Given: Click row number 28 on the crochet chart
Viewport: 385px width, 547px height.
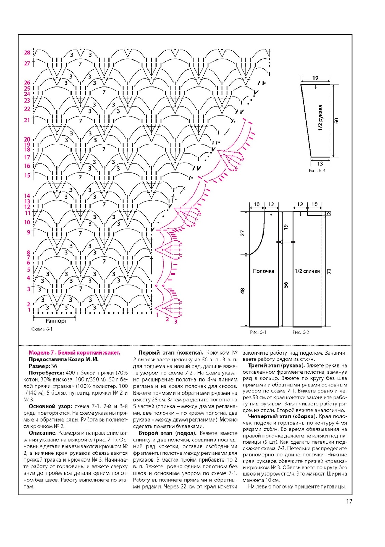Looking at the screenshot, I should pos(27,53).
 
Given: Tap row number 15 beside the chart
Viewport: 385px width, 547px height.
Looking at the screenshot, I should pos(27,175).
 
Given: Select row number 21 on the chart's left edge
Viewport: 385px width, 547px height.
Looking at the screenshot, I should pos(27,120).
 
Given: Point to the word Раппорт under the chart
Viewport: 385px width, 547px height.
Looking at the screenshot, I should pos(56,321).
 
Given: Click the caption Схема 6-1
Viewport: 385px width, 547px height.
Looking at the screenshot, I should pos(42,329).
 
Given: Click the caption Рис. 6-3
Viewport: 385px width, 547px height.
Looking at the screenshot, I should pos(317,171).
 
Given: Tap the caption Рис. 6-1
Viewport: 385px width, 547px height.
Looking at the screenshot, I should pos(258,332).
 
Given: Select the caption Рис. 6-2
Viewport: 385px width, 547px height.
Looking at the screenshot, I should pos(301,332).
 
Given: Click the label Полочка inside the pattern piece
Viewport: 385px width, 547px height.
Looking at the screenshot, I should pos(264,271).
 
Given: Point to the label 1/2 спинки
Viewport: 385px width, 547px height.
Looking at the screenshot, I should pos(307,271).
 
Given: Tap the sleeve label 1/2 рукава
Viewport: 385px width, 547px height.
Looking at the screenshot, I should pos(320,118).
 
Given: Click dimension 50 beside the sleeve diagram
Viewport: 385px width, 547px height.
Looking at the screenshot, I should pos(337,121).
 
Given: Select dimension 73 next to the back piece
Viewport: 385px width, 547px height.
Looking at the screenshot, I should pos(329,271).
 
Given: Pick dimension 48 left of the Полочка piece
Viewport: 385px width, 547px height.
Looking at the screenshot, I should pos(243,291).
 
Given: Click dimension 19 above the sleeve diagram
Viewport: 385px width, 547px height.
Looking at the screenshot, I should pos(315,78).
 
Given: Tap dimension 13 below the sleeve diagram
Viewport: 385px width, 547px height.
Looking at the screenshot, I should pos(320,164).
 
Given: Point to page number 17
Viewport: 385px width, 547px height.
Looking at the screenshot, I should pos(349,502).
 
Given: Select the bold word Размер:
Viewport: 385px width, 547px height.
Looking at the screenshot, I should pos(39,366).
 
